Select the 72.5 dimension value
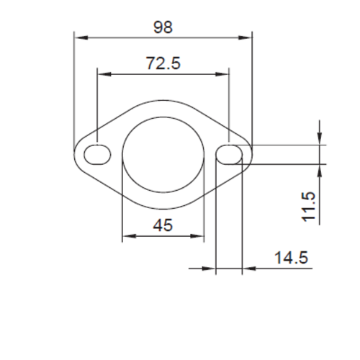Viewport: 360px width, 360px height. click(163, 64)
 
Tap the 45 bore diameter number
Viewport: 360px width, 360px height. click(163, 225)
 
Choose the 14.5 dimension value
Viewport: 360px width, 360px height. click(289, 257)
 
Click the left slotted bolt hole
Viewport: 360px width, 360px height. click(98, 153)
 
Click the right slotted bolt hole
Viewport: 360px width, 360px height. click(229, 153)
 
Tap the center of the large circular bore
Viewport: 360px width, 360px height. click(163, 153)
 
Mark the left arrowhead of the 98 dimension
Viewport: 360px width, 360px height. click(78, 35)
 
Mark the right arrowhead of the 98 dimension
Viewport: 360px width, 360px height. click(249, 35)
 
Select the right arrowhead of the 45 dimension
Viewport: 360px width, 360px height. click(201, 235)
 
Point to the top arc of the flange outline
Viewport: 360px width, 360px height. click(163, 99)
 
